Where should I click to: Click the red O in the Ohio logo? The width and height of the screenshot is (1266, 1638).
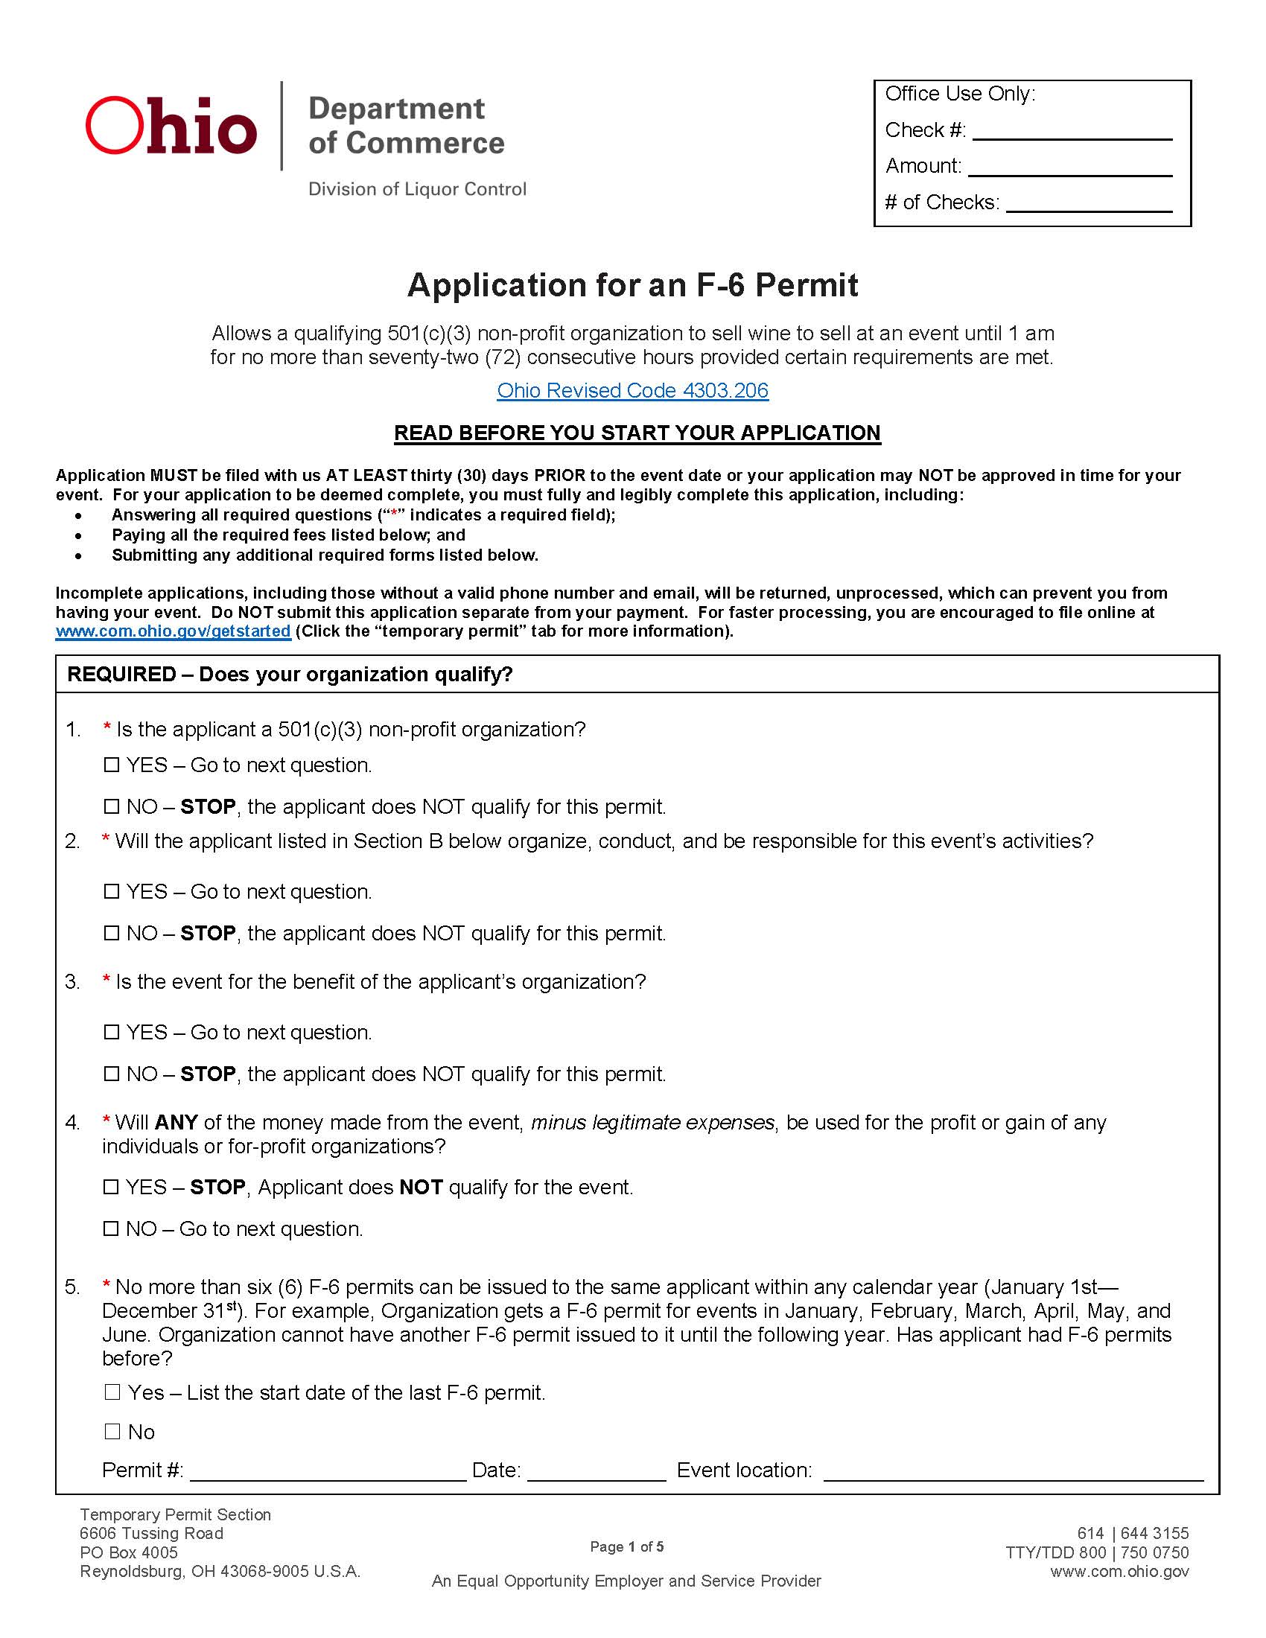pos(117,125)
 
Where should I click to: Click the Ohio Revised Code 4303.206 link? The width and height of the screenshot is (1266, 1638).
pos(632,391)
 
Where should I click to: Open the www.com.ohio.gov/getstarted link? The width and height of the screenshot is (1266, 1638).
pos(174,631)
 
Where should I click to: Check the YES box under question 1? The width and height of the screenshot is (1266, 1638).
pos(112,765)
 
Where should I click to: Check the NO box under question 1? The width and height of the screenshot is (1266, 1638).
pos(112,806)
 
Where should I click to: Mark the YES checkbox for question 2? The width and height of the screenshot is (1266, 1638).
pos(112,891)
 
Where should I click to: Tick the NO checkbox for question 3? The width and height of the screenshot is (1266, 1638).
pos(112,1074)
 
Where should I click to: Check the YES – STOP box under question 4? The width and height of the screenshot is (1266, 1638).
pos(112,1188)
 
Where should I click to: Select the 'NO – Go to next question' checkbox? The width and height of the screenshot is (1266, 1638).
pos(112,1228)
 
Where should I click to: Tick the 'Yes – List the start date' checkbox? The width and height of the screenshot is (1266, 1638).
pos(112,1392)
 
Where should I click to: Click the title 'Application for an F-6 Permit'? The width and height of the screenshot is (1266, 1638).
pos(632,285)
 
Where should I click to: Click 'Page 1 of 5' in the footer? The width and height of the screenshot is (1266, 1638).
pos(626,1546)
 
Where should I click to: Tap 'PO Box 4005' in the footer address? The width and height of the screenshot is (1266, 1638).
pos(129,1552)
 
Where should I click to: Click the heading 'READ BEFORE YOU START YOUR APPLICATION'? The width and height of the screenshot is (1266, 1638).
pos(637,433)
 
